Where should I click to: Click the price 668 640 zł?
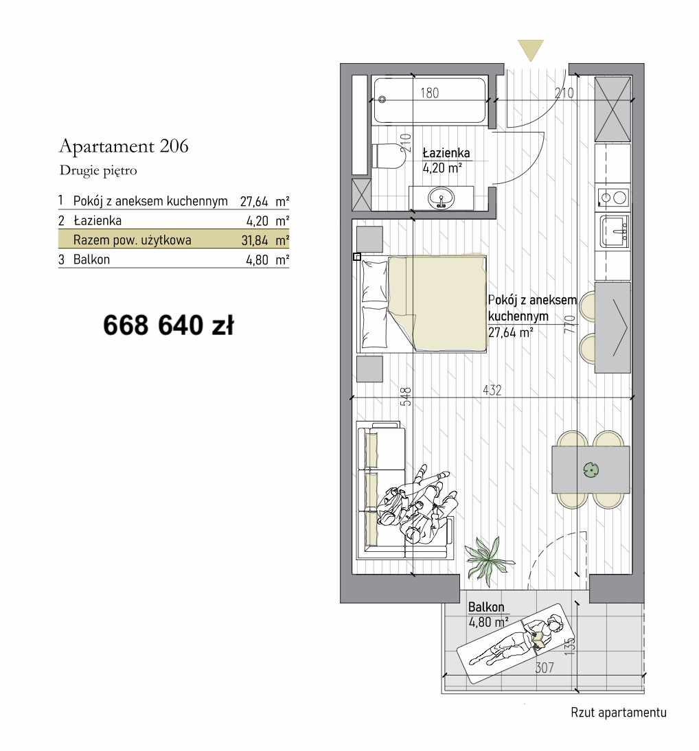[168, 325]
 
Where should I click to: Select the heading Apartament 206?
[124, 146]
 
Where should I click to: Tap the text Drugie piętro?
[98, 170]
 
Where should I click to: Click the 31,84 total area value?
[254, 240]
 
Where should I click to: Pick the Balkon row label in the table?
[91, 259]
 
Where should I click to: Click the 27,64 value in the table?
[254, 201]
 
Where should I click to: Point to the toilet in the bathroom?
[387, 156]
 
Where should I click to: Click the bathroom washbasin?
[441, 198]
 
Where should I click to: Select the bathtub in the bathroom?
[430, 101]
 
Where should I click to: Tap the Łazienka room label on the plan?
[446, 153]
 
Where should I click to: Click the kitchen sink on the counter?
[614, 231]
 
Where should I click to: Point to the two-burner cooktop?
[613, 197]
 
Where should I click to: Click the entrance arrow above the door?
[530, 50]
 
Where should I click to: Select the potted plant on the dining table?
[591, 470]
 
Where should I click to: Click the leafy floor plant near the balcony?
[489, 560]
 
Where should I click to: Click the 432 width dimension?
[492, 391]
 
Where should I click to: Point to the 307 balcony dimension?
[545, 668]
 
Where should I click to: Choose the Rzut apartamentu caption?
[619, 713]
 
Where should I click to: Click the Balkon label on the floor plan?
[486, 608]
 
